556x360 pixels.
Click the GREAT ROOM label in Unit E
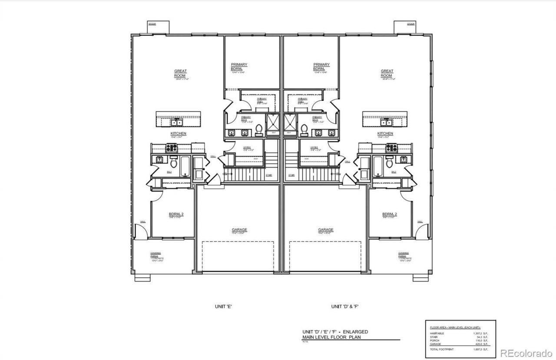click(180, 73)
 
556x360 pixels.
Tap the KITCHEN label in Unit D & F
click(385, 133)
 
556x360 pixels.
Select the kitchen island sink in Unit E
click(177, 122)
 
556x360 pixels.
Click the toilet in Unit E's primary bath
click(259, 129)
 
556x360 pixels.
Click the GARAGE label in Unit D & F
click(325, 230)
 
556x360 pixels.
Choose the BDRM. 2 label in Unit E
click(177, 214)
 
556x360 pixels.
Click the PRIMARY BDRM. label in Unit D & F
click(321, 66)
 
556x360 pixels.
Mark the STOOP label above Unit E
click(152, 23)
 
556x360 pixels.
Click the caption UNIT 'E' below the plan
click(223, 306)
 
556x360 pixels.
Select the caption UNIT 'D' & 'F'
click(345, 306)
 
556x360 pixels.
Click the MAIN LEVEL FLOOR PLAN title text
click(332, 337)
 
